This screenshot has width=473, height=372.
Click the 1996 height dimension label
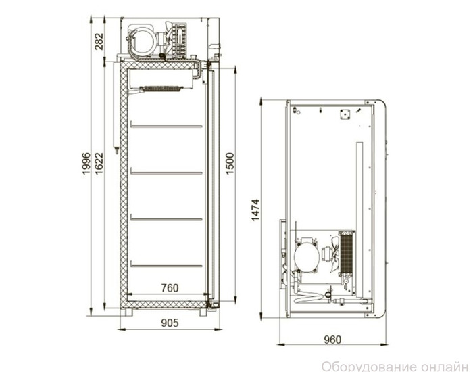point(86,164)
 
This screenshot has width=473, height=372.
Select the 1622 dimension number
point(99,164)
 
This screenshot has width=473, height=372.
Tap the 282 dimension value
point(99,41)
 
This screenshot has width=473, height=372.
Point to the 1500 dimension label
point(230,164)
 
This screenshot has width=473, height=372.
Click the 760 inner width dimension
point(170,287)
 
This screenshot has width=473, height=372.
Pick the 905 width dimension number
point(170,323)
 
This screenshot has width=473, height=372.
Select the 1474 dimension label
point(255,210)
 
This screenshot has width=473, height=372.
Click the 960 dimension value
point(332,340)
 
